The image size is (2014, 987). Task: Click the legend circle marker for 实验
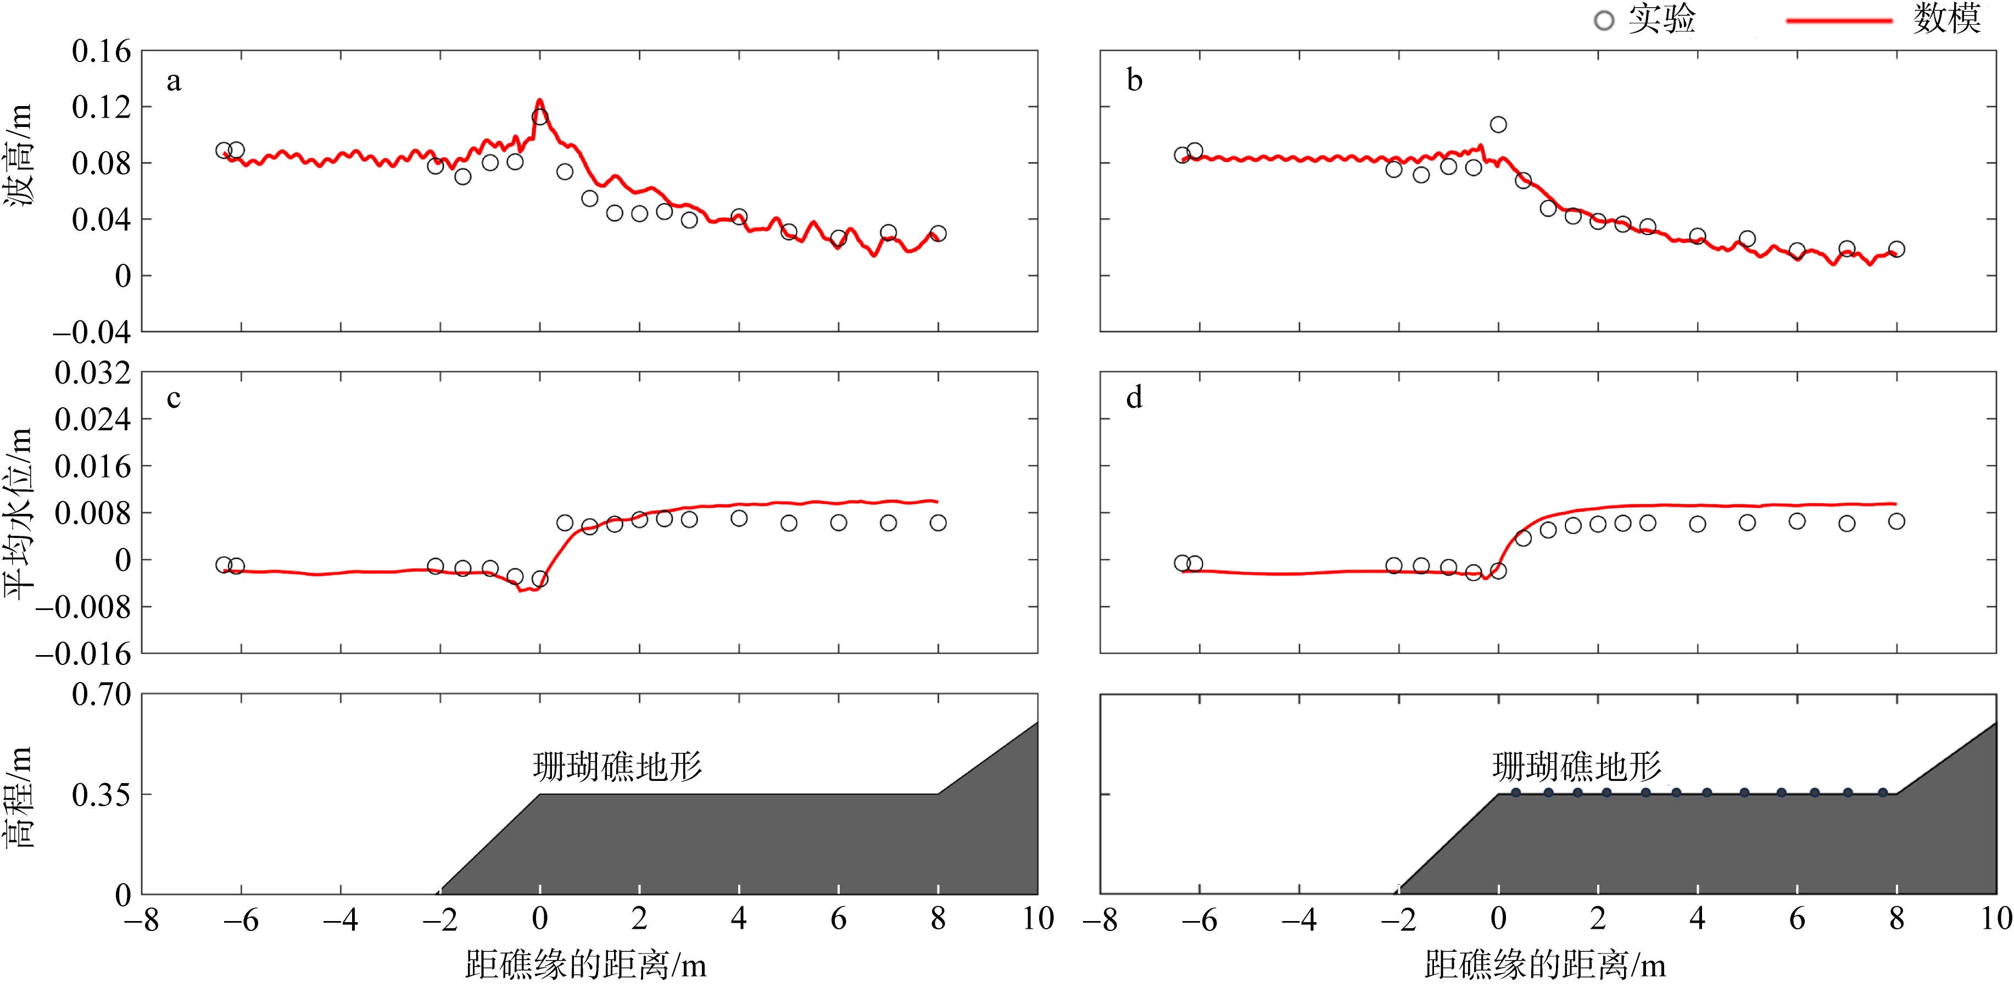coord(1604,21)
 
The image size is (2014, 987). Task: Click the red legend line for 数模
coord(1838,21)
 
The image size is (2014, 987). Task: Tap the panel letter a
coord(174,81)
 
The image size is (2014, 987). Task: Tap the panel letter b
coord(1134,81)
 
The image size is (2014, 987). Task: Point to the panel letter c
coord(174,398)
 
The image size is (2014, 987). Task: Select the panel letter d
coord(1134,398)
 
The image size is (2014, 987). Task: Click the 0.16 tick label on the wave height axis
coord(101,52)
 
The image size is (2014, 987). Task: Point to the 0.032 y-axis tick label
coord(92,373)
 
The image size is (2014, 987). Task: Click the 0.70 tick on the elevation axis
coord(101,694)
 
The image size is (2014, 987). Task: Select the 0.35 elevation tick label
coord(101,795)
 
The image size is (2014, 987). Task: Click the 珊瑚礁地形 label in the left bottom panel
coord(618,767)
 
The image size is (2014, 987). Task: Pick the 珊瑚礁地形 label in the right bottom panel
coord(1577,767)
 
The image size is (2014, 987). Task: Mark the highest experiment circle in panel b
coord(1498,124)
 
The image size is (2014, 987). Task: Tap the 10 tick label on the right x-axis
coord(1995,919)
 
